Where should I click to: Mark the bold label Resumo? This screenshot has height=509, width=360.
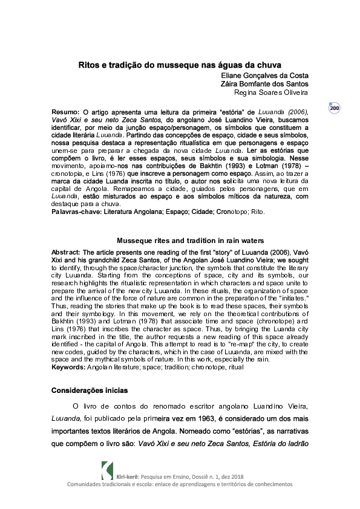(x=65, y=112)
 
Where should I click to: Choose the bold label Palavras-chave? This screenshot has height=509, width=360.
(x=76, y=212)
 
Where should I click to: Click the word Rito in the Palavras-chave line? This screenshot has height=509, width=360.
(x=256, y=212)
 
